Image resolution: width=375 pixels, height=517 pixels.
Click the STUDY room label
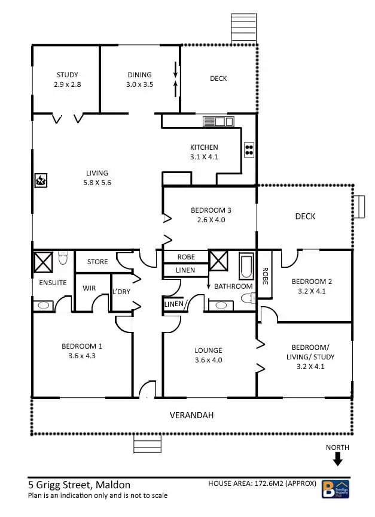[67, 75]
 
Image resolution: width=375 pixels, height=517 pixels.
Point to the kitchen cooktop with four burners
[249, 150]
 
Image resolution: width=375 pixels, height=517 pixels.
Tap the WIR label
[89, 288]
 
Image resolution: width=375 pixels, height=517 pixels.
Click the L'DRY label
[121, 292]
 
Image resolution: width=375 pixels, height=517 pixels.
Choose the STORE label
[97, 262]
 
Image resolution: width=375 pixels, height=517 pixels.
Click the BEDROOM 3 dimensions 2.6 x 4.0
[211, 220]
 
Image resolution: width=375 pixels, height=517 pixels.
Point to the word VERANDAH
[191, 415]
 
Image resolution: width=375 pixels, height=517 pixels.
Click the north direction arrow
[337, 459]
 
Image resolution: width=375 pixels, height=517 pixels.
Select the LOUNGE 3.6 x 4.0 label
[208, 355]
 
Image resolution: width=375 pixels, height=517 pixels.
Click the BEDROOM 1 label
[82, 346]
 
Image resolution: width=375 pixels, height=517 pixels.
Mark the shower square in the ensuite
[43, 262]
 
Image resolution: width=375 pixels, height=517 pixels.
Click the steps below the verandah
[144, 446]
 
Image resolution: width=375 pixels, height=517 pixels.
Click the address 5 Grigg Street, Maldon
[79, 485]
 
